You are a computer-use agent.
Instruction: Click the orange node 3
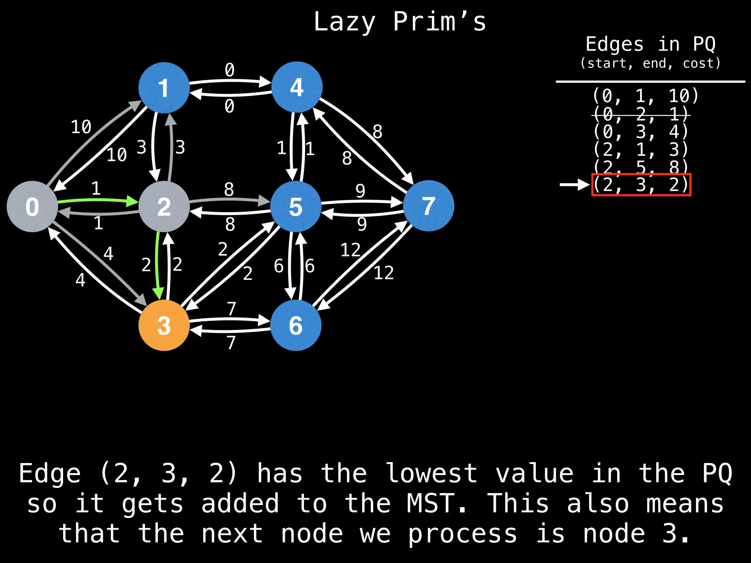click(164, 325)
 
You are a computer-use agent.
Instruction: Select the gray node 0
click(32, 206)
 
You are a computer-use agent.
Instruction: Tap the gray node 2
click(164, 206)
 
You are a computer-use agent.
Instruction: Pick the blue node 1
click(164, 88)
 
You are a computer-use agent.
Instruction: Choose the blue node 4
click(297, 87)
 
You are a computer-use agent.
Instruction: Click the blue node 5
click(296, 206)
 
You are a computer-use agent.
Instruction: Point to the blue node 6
click(296, 325)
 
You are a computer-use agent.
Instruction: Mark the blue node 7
click(428, 206)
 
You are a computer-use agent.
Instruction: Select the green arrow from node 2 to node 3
click(158, 264)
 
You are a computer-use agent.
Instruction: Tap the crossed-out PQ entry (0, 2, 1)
click(641, 114)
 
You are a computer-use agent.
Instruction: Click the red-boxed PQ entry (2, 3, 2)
click(641, 185)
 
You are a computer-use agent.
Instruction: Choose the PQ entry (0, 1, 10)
click(645, 96)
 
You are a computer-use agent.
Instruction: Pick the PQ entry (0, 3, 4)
click(641, 132)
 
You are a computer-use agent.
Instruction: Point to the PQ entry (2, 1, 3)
click(641, 150)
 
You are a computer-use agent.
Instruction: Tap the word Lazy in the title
click(345, 22)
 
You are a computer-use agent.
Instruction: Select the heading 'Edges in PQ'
click(650, 44)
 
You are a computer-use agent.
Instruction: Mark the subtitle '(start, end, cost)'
click(650, 63)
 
